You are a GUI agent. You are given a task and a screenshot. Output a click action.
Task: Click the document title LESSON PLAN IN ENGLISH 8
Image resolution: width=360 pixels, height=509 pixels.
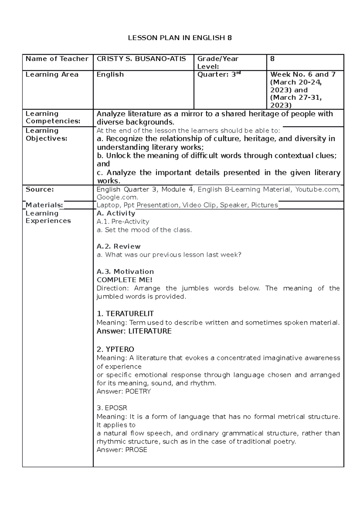click(180, 38)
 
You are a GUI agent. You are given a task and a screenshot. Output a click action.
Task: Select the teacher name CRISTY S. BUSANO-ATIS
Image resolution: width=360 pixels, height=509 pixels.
click(141, 59)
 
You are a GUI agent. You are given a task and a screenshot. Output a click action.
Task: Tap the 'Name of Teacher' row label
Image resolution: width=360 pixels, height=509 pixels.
click(57, 59)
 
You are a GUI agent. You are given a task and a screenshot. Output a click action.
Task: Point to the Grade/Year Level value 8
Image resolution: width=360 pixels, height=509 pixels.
click(272, 59)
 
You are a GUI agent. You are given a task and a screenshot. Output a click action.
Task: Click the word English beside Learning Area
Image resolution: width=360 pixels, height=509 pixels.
click(110, 75)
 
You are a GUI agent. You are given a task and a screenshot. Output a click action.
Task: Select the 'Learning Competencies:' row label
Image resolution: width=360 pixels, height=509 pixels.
click(53, 118)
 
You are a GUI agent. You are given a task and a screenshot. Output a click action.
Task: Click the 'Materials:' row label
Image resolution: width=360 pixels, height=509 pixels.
click(44, 205)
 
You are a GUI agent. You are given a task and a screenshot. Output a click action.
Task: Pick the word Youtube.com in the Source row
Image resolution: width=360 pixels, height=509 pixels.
click(317, 189)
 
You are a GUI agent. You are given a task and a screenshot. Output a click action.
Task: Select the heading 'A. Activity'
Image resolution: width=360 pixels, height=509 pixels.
click(116, 213)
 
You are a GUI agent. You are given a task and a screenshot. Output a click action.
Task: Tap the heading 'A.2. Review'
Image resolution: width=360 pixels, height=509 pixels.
click(118, 246)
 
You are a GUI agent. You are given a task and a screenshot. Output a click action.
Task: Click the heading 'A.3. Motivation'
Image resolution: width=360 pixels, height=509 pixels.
click(125, 272)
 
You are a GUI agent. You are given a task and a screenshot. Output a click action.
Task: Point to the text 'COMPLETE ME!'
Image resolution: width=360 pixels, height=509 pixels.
click(124, 280)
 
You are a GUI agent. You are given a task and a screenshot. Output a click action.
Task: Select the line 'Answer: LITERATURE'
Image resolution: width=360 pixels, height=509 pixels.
click(134, 331)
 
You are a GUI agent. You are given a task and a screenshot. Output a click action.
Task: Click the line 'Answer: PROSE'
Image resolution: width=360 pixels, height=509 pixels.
click(122, 450)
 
